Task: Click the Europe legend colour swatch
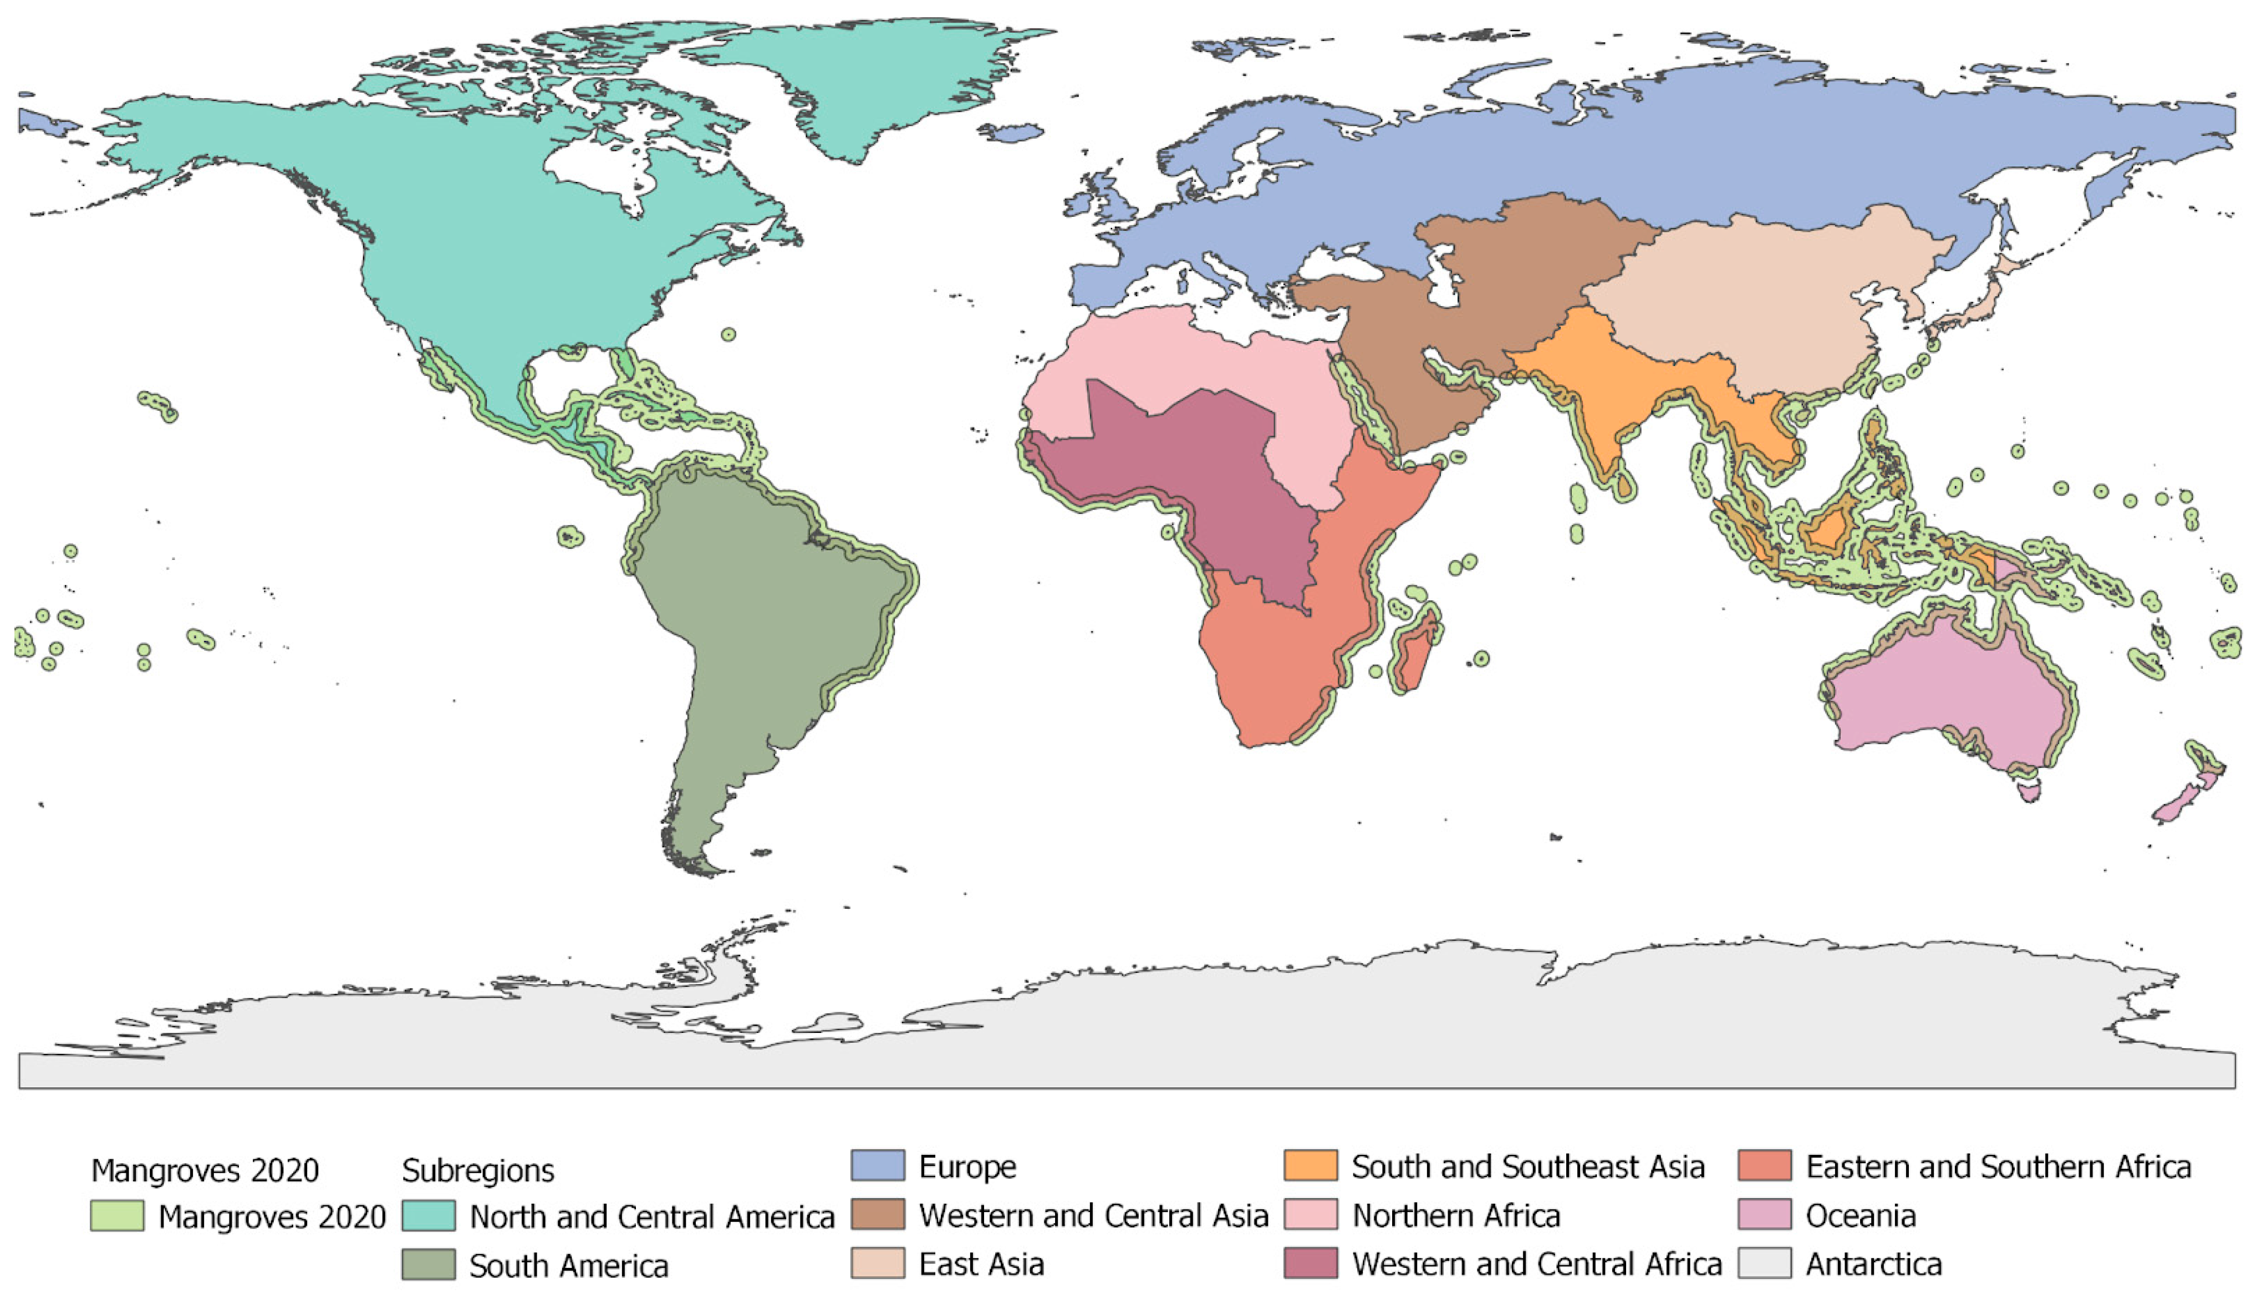[x=877, y=1165]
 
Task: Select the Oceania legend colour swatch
[x=1764, y=1214]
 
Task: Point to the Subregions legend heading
[x=477, y=1170]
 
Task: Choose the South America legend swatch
[x=429, y=1264]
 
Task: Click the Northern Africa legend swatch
[x=1310, y=1214]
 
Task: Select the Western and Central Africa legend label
[x=1536, y=1263]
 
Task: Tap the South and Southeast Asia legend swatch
[x=1310, y=1165]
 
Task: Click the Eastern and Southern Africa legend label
[x=1998, y=1166]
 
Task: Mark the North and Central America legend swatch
[x=429, y=1215]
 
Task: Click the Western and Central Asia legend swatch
[x=877, y=1214]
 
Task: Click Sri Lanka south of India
[x=1623, y=485]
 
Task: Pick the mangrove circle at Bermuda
[x=728, y=334]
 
